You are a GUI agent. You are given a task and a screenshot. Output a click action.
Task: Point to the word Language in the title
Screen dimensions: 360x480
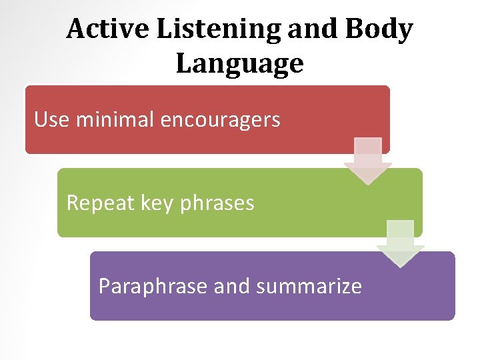pyautogui.click(x=240, y=65)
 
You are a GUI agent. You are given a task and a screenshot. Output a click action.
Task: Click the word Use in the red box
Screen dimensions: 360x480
pyautogui.click(x=52, y=120)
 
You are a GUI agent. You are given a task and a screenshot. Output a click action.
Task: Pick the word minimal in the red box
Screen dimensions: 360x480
pyautogui.click(x=115, y=120)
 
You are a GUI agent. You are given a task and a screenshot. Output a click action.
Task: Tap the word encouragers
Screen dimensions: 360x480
pyautogui.click(x=220, y=121)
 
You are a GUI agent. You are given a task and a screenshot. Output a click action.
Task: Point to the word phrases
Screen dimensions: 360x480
pyautogui.click(x=217, y=203)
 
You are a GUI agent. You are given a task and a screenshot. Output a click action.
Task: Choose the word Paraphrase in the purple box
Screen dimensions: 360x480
pyautogui.click(x=153, y=286)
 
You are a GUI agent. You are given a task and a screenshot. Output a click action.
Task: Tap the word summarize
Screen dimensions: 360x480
pyautogui.click(x=309, y=286)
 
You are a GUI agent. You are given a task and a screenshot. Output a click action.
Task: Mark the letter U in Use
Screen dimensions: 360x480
pyautogui.click(x=41, y=120)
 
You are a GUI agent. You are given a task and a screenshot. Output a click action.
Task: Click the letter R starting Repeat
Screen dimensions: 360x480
pyautogui.click(x=73, y=202)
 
